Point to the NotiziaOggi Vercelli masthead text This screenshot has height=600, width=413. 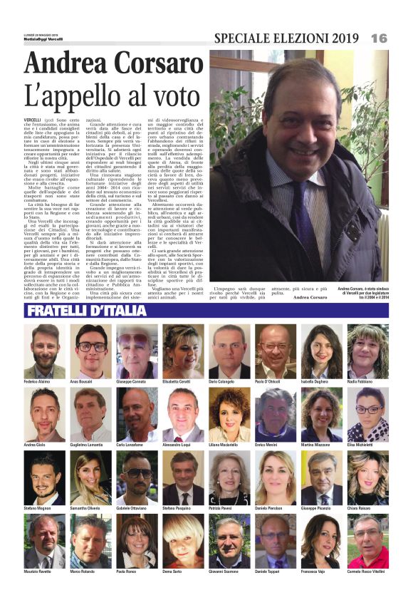[x=42, y=39]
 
